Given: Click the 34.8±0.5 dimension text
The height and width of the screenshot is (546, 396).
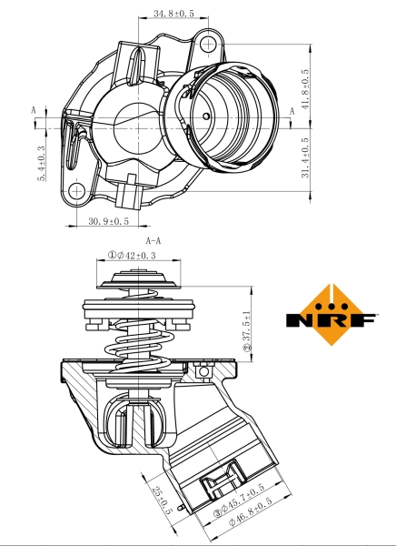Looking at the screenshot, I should pos(173,14).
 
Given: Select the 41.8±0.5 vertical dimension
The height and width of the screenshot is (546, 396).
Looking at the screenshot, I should pos(305,88).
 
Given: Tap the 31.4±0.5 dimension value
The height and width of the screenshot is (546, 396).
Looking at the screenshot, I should pos(305,160).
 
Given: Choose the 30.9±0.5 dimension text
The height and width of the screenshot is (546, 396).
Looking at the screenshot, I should pos(109,221).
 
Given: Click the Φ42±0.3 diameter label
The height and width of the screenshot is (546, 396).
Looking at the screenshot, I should pos(138,256).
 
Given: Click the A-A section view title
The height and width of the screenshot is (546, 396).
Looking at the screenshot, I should pos(153,240).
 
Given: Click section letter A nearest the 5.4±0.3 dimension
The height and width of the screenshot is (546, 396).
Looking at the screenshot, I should pos(35,109).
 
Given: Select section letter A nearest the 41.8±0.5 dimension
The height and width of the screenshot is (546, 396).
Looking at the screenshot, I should pos(292,110).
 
